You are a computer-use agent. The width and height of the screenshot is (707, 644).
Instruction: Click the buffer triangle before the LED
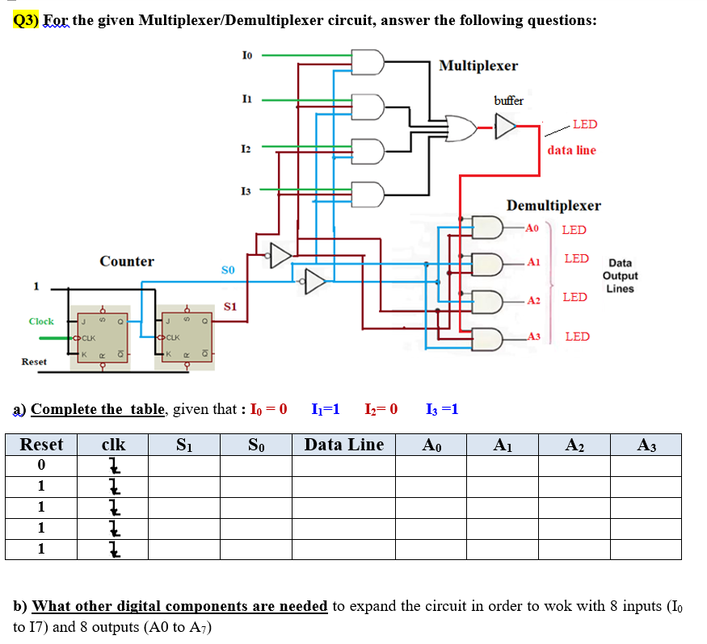point(505,126)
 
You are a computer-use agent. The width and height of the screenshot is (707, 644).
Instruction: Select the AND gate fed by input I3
point(369,194)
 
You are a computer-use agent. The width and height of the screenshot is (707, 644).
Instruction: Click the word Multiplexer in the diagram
point(478,65)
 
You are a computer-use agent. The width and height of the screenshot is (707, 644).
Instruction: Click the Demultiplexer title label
point(553,206)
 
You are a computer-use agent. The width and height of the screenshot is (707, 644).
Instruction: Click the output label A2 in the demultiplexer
point(532,301)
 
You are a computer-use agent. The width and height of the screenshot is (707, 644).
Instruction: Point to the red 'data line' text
point(571,150)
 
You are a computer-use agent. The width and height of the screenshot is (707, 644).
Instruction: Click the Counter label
point(127,261)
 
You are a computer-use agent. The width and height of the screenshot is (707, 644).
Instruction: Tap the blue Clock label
point(41,321)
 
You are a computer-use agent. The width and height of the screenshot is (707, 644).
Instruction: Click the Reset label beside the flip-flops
point(34,362)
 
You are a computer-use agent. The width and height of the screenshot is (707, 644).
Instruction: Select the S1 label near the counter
point(230,307)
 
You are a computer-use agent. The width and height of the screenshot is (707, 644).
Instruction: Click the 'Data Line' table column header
point(344,445)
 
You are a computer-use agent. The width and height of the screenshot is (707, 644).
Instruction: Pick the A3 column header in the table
point(646,445)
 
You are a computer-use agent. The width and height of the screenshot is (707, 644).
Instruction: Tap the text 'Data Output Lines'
point(620,275)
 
